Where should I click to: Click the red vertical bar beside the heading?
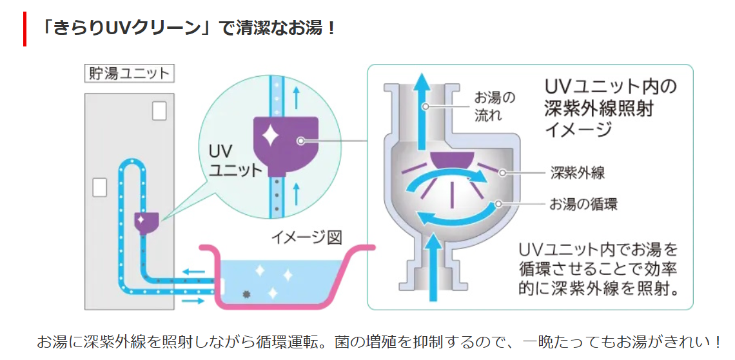(x=24, y=29)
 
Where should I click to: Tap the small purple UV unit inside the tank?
(x=146, y=221)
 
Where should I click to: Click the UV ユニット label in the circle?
(x=235, y=161)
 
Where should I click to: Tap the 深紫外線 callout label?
(x=577, y=172)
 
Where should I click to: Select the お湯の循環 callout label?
(x=583, y=205)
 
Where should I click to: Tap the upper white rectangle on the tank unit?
(x=159, y=110)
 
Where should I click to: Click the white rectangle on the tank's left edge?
(x=99, y=186)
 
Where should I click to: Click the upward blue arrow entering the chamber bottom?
(x=434, y=265)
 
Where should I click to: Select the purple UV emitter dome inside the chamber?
(x=451, y=158)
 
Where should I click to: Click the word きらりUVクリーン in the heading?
(x=122, y=29)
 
